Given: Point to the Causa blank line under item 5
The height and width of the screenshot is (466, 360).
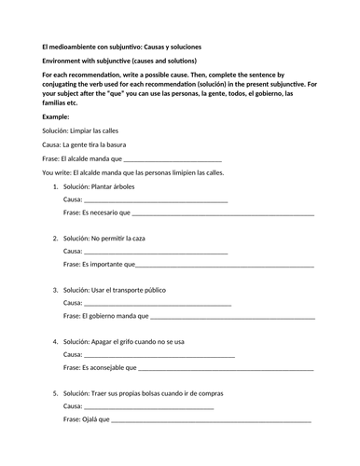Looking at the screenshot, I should [x=148, y=406].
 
